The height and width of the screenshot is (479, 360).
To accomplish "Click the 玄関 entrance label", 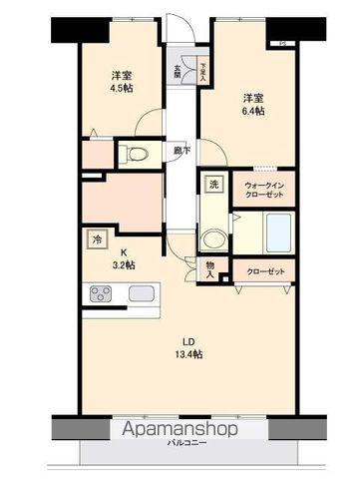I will point(178,72).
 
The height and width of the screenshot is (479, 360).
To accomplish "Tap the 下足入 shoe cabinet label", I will point(202,71).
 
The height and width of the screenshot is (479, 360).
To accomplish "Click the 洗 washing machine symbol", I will point(213,185).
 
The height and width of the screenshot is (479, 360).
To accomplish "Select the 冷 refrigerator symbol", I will point(97,239).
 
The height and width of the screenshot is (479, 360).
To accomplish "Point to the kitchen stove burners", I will point(103,293).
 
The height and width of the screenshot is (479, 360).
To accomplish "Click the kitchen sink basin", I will point(141,293).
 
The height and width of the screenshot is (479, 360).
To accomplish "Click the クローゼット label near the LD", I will point(264,270).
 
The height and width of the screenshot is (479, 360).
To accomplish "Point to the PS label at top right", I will point(281,43).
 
